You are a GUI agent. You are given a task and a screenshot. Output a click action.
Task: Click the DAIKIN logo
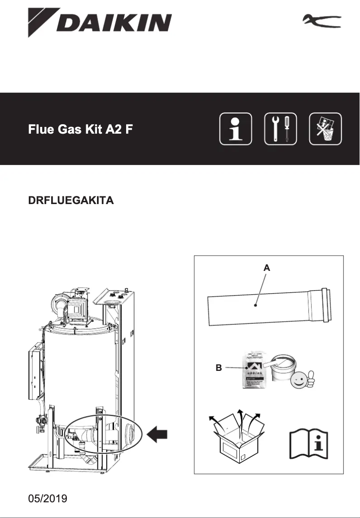click(100, 22)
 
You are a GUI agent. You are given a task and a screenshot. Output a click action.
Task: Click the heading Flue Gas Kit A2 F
click(80, 130)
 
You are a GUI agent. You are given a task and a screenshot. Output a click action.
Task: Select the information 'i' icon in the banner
click(236, 129)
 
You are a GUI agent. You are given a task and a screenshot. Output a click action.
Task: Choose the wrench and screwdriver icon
click(281, 129)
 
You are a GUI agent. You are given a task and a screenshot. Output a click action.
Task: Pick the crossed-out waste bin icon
click(325, 129)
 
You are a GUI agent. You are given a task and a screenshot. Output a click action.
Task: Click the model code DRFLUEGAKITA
click(71, 200)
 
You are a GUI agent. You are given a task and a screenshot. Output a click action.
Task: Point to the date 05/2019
click(48, 499)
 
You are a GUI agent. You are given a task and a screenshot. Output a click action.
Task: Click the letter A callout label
click(267, 268)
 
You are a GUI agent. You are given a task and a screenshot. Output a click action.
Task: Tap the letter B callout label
click(219, 368)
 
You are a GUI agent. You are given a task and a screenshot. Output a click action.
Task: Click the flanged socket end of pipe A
click(321, 306)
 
